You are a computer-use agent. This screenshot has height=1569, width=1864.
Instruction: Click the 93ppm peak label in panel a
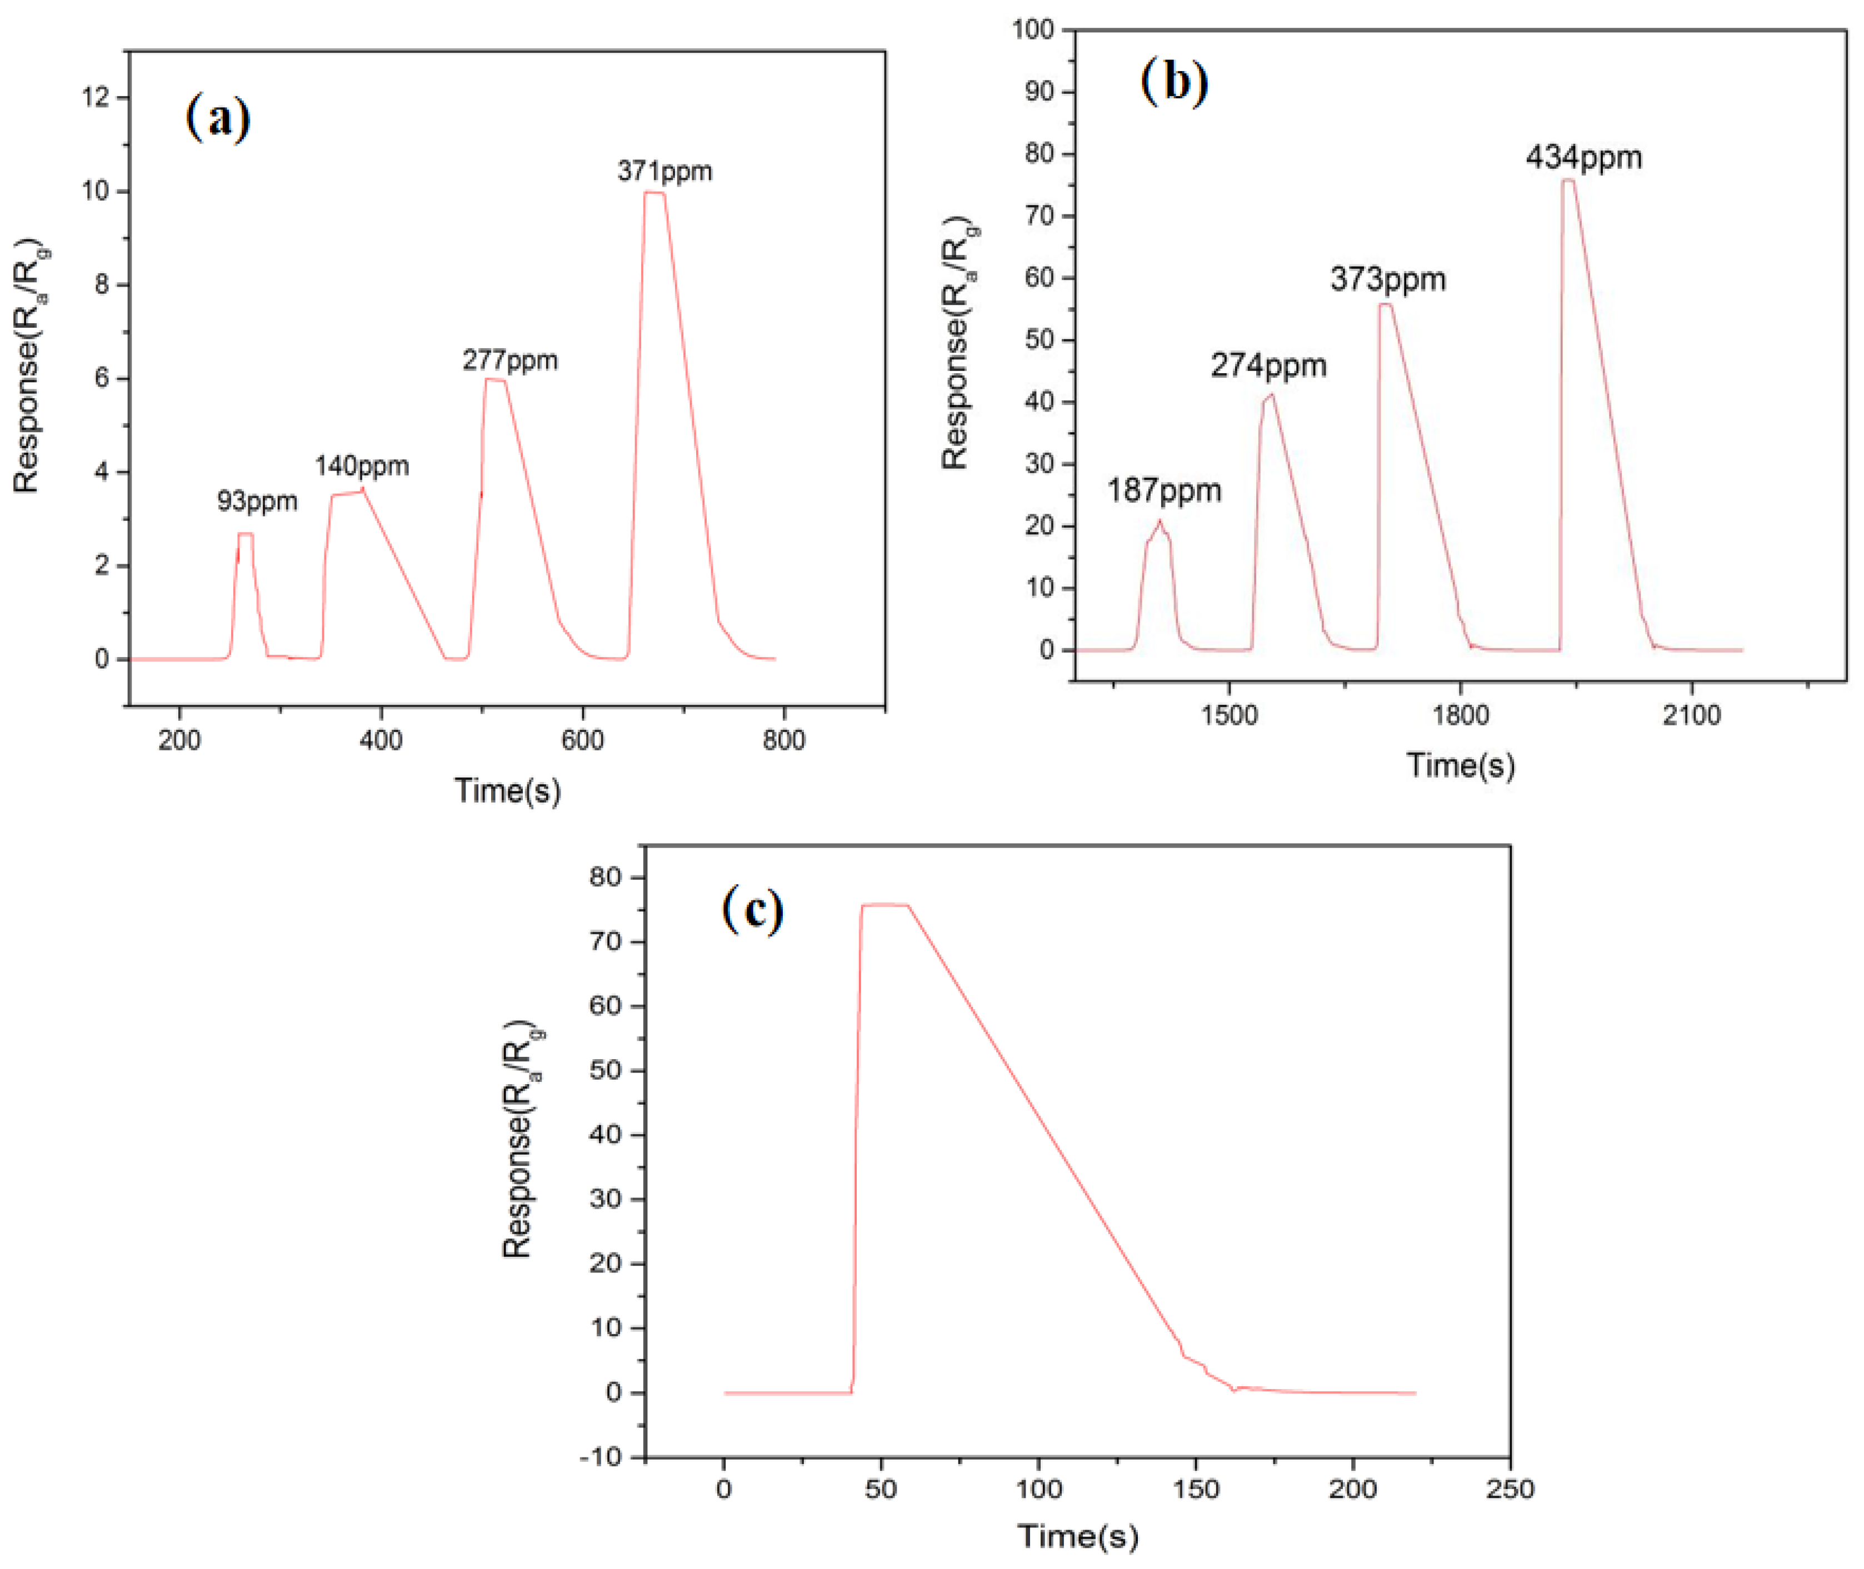pyautogui.click(x=257, y=502)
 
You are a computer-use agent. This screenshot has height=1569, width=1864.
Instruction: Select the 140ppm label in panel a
pyautogui.click(x=361, y=466)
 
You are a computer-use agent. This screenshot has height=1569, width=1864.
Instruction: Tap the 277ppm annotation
pyautogui.click(x=510, y=361)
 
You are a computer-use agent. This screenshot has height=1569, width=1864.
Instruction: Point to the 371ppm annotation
pyautogui.click(x=664, y=172)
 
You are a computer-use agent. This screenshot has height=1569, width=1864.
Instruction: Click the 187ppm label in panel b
pyautogui.click(x=1164, y=491)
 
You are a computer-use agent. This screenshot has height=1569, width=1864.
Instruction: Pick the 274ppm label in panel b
pyautogui.click(x=1268, y=365)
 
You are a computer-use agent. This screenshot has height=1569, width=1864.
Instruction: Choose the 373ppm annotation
pyautogui.click(x=1388, y=280)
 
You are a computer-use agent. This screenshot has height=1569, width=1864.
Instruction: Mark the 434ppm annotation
pyautogui.click(x=1584, y=158)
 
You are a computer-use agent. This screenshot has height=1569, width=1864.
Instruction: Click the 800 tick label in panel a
pyautogui.click(x=784, y=740)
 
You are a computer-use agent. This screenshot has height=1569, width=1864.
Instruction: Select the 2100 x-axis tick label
pyautogui.click(x=1691, y=715)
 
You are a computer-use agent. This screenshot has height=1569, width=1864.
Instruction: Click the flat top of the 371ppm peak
pyautogui.click(x=654, y=192)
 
